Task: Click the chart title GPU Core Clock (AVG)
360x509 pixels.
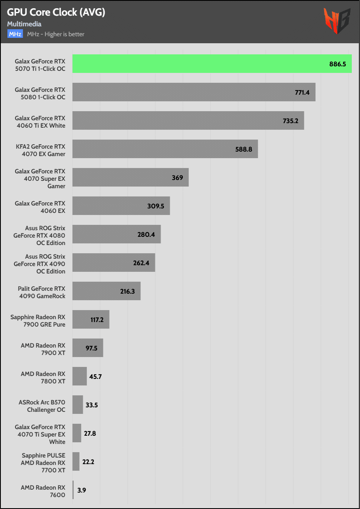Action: tap(56, 13)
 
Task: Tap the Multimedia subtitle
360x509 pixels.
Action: tap(24, 24)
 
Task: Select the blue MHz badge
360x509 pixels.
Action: tap(15, 34)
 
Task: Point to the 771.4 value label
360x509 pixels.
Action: tap(302, 92)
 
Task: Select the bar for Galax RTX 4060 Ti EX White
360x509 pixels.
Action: tap(188, 121)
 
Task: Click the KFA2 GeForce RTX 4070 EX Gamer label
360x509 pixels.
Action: tap(40, 150)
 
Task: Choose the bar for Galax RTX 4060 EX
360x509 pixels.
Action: tap(121, 206)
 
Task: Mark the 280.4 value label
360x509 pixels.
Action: tap(146, 234)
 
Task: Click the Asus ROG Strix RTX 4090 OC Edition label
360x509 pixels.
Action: tap(40, 264)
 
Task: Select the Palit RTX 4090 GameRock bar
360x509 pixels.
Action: tap(106, 291)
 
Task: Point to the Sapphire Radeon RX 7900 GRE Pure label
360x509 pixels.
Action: tap(38, 321)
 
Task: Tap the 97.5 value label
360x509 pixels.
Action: tap(91, 348)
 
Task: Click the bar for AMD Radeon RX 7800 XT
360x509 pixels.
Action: tap(79, 376)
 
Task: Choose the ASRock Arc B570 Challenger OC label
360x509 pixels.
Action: tap(42, 406)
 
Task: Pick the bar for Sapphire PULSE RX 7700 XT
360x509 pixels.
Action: tap(76, 462)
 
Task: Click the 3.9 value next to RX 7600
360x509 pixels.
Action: tap(82, 490)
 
